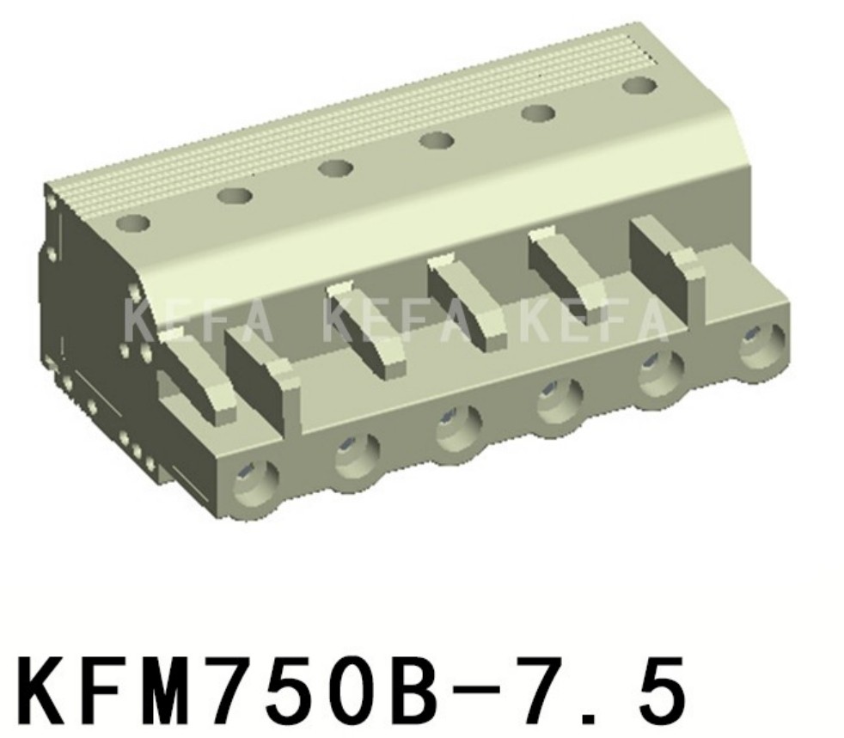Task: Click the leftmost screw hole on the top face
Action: coord(133,224)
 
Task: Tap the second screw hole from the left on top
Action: coord(234,196)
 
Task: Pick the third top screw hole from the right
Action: coord(437,140)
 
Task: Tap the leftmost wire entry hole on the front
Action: coord(255,479)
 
